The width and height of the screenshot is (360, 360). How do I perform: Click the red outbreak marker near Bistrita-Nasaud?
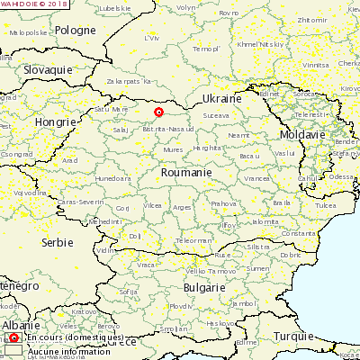coord(158,112)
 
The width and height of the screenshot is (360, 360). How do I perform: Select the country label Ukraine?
coord(220,98)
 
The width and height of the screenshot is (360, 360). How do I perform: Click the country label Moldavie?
coord(301,134)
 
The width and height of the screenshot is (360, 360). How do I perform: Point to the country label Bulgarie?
coord(203,287)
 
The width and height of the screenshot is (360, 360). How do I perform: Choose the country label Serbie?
coord(58,243)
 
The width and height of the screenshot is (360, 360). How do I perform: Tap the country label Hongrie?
coord(54,121)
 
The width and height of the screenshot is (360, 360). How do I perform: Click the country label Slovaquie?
coord(49,69)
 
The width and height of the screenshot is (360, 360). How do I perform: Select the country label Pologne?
coord(76,30)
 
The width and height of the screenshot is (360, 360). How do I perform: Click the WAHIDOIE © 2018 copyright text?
coord(35,4)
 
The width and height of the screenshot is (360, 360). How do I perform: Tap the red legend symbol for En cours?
coord(13,338)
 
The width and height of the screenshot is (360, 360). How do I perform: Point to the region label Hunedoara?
coord(112,178)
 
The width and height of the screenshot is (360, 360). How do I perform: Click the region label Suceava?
coord(216,116)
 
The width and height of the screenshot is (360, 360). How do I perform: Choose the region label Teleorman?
coord(194,240)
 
